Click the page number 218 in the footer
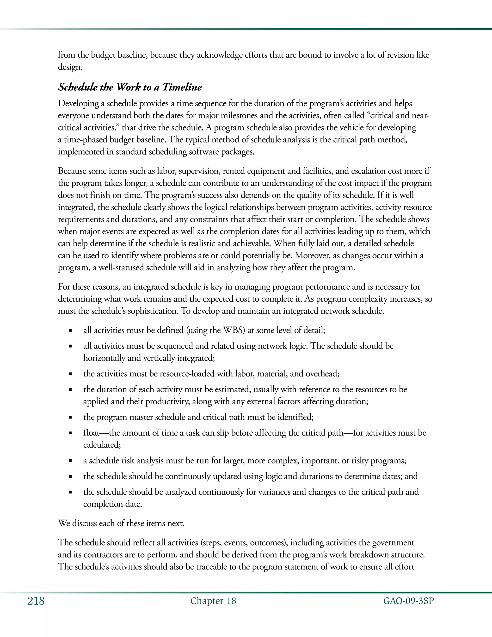coord(36,601)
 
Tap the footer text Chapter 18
coord(213,601)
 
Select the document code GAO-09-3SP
coord(408,601)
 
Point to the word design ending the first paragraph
coord(70,67)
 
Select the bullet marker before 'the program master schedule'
coord(70,417)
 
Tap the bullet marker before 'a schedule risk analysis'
coord(70,461)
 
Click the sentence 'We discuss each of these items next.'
coord(121,523)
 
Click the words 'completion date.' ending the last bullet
coord(112,504)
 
